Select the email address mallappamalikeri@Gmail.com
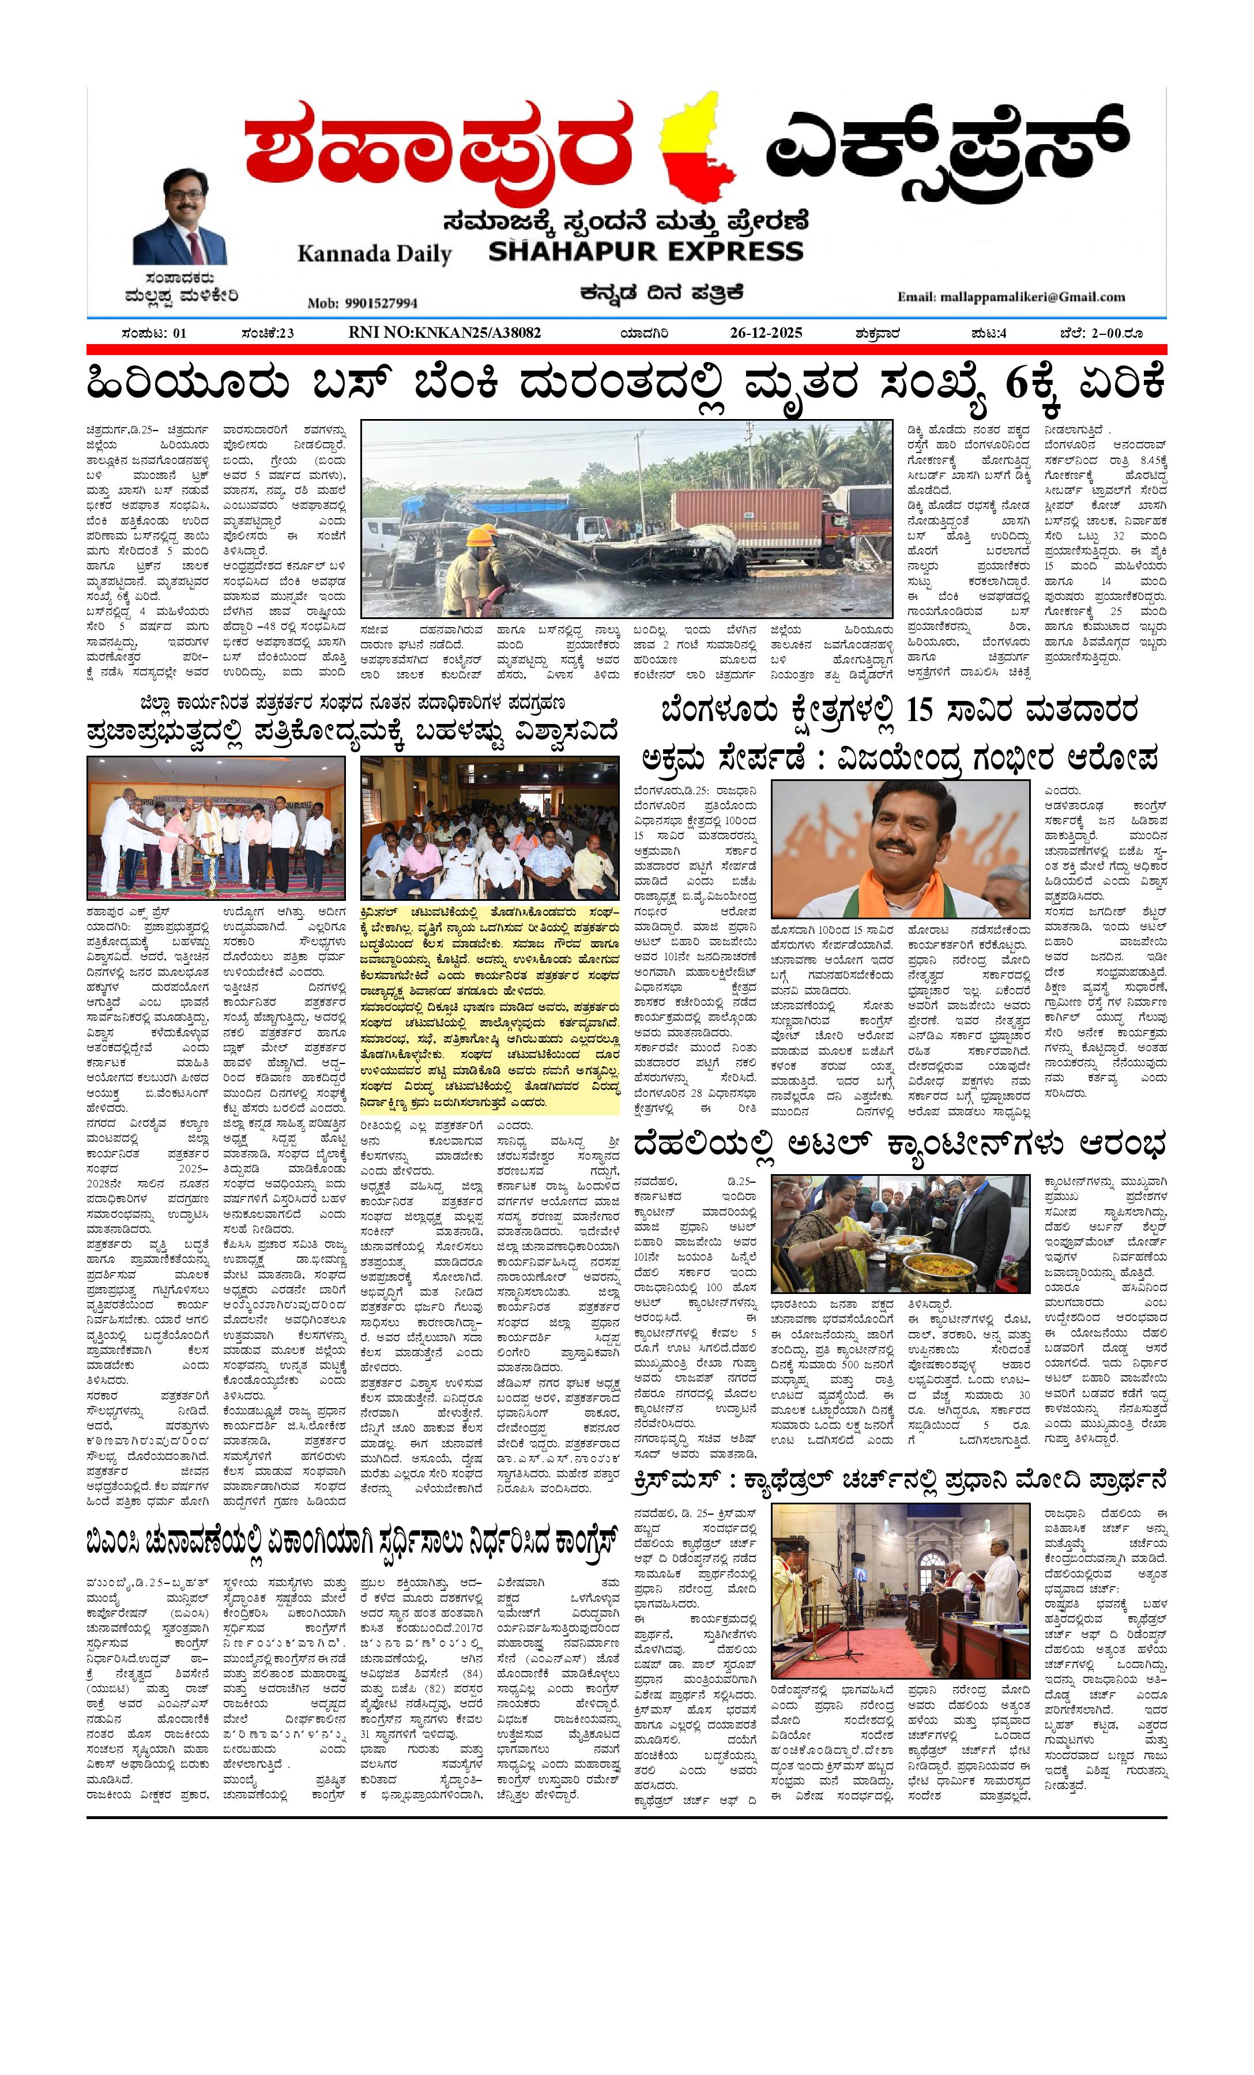coord(1011,296)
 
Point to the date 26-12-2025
coord(766,333)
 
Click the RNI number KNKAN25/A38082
coord(445,333)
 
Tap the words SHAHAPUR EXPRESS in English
coord(646,251)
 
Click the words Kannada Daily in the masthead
coord(374,254)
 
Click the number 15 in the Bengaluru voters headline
coord(921,710)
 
